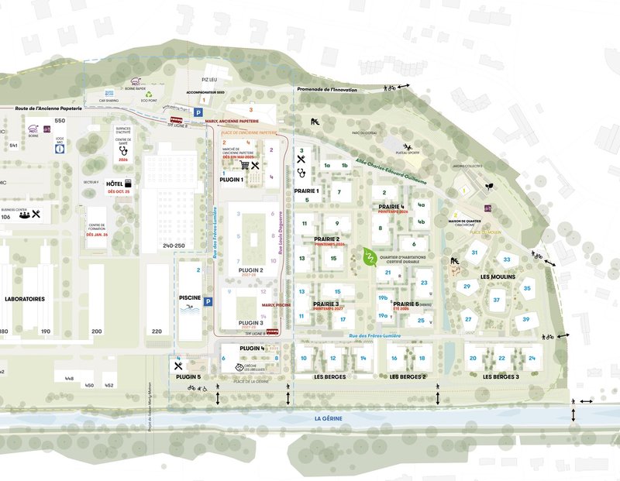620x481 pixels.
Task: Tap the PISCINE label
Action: (190, 298)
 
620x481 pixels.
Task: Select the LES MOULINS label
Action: (497, 277)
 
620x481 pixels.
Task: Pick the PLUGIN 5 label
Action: (188, 377)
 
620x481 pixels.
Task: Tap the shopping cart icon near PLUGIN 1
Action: (246, 164)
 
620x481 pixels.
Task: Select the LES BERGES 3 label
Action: (501, 376)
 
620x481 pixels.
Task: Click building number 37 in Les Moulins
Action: (496, 300)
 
